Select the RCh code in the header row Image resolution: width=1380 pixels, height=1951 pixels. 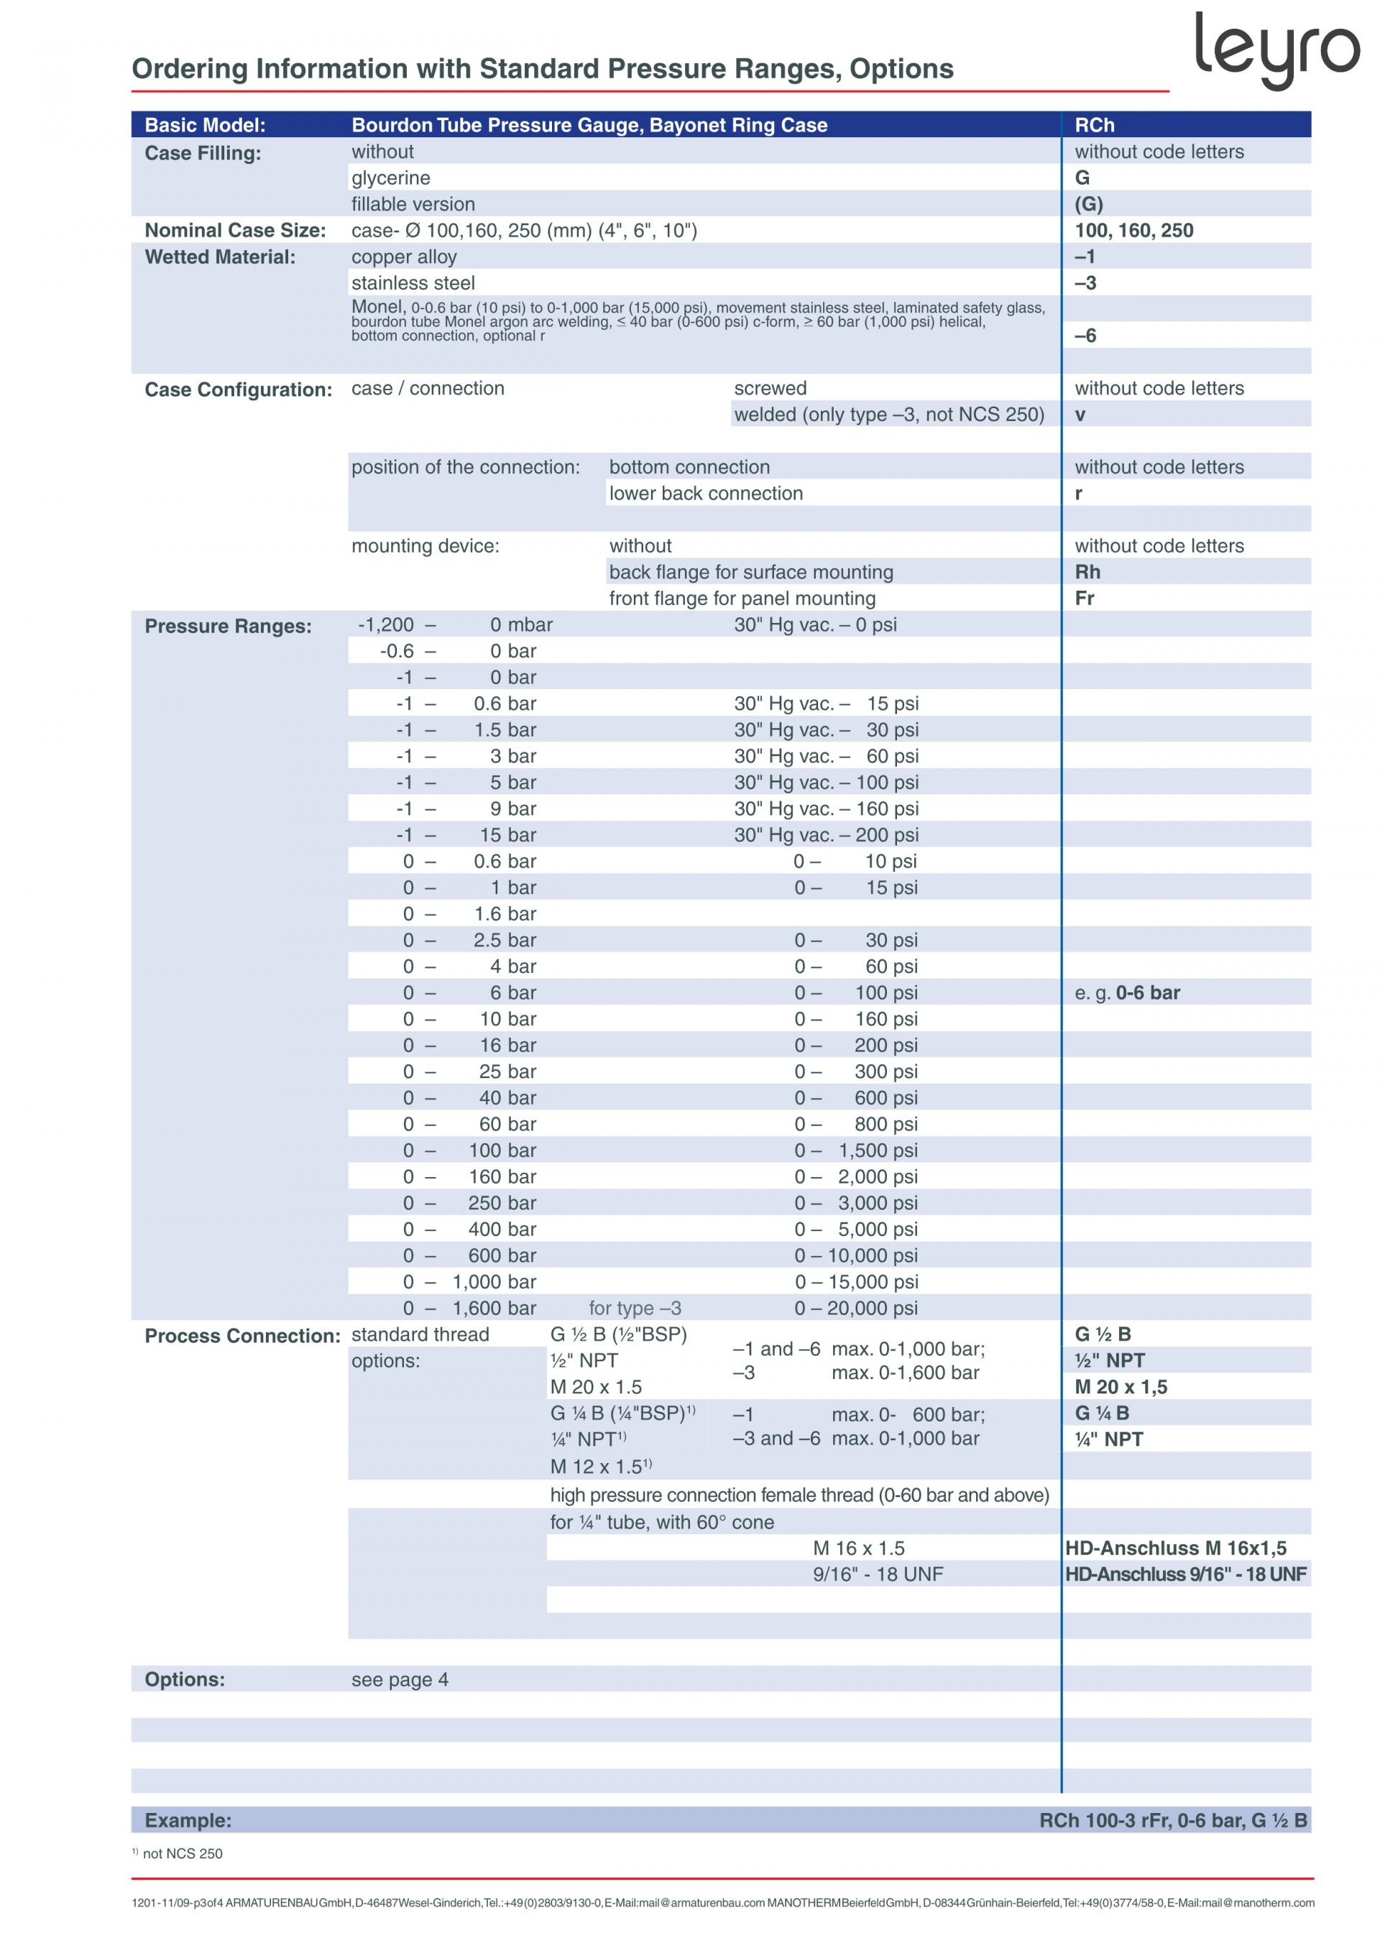tap(1094, 125)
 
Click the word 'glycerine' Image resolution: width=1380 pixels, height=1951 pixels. tap(391, 177)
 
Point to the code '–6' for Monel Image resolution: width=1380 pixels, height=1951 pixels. tap(1085, 336)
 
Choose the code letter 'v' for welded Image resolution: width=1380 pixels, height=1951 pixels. tap(1080, 415)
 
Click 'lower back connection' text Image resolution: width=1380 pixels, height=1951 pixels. tap(705, 493)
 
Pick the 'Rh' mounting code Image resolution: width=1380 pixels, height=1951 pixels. tap(1087, 572)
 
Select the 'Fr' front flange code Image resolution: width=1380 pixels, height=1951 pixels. tap(1085, 598)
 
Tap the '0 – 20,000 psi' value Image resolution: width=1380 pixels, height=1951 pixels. tap(856, 1308)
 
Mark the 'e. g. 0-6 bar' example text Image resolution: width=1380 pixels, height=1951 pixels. tap(1127, 992)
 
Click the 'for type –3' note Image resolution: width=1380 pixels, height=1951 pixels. tap(635, 1308)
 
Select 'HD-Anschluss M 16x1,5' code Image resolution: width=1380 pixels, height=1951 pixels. tap(1175, 1547)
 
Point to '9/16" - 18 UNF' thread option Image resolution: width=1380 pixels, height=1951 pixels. tap(877, 1574)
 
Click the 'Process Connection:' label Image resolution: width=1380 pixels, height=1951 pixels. tap(242, 1336)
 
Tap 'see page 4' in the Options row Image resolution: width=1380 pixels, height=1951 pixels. tap(400, 1679)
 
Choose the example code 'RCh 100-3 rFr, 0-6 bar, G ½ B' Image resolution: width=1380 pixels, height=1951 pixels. tap(1173, 1820)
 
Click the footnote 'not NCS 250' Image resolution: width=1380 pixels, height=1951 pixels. tap(182, 1853)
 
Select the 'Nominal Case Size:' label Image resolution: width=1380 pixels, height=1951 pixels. tap(235, 230)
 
